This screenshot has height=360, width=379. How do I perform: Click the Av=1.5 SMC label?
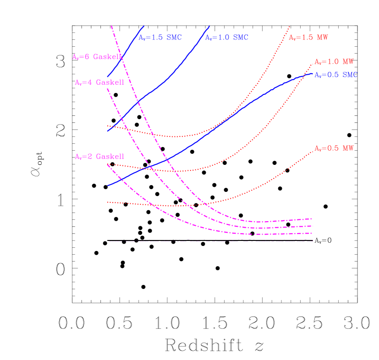[160, 38]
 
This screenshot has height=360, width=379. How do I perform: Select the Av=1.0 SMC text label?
[226, 38]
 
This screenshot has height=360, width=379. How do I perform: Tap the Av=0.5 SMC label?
[336, 75]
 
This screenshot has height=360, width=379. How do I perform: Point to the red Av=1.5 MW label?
[308, 38]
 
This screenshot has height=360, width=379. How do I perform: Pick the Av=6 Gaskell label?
[97, 57]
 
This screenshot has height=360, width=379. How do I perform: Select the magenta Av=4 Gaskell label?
[99, 82]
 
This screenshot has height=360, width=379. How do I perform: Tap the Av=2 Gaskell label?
[99, 157]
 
